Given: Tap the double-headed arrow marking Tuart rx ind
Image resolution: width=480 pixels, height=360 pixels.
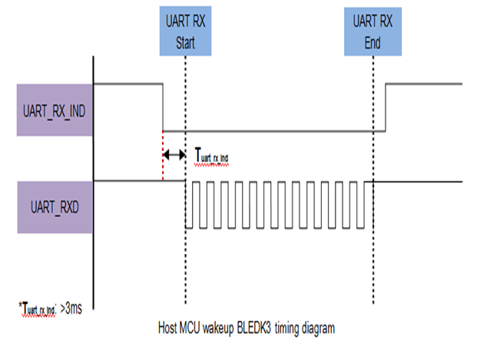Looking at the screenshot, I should pyautogui.click(x=174, y=155).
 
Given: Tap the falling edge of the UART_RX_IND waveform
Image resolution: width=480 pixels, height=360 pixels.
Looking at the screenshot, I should pyautogui.click(x=164, y=107).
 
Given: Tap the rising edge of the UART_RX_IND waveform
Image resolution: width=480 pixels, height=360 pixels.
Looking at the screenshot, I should pyautogui.click(x=385, y=107).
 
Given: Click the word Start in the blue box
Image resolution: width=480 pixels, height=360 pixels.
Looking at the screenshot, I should pyautogui.click(x=185, y=43).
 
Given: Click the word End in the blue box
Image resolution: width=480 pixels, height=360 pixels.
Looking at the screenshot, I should pyautogui.click(x=372, y=43).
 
